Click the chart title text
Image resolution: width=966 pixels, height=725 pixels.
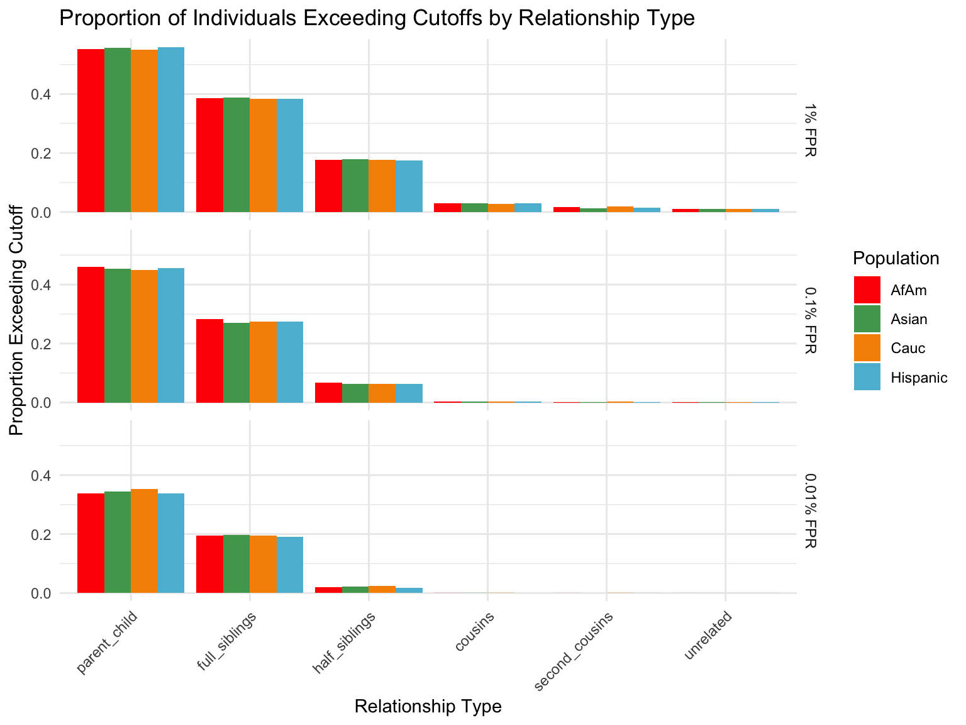point(376,18)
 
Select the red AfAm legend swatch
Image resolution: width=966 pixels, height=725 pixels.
point(867,289)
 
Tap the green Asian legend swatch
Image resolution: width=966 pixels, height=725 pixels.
point(867,319)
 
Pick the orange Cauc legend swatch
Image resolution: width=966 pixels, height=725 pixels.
point(867,348)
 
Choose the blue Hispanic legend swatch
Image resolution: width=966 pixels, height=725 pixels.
point(867,377)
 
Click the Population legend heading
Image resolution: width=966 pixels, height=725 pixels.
point(896,258)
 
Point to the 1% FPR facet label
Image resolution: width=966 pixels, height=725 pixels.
point(810,131)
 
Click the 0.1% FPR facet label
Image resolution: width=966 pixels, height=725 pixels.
point(810,320)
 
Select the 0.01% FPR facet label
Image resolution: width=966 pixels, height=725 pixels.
point(810,510)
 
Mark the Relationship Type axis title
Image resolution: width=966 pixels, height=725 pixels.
point(428,707)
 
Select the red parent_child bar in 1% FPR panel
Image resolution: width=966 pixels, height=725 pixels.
point(91,130)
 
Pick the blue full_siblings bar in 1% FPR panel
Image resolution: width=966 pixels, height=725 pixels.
point(289,155)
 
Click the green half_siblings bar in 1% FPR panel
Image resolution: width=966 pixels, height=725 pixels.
point(355,186)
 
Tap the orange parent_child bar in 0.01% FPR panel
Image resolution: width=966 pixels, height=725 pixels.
point(144,541)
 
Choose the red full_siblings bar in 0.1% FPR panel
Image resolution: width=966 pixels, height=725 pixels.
point(209,361)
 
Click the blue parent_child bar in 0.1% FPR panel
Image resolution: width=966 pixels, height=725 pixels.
point(171,335)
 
